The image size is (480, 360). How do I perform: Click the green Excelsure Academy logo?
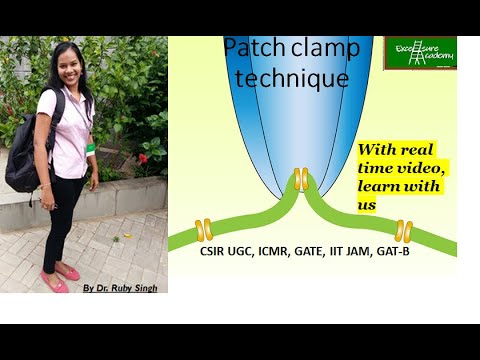pyautogui.click(x=420, y=52)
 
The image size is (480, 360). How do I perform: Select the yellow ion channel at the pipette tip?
pyautogui.click(x=300, y=178)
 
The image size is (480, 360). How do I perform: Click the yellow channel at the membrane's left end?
pyautogui.click(x=204, y=230)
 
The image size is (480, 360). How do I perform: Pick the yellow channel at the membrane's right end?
pyautogui.click(x=403, y=231)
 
